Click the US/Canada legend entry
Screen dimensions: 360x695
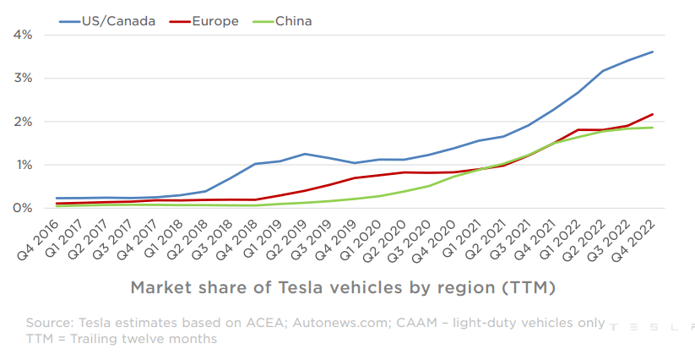point(118,21)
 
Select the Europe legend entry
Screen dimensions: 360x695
point(214,21)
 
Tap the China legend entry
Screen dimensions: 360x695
point(291,21)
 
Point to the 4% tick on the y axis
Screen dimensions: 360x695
point(23,35)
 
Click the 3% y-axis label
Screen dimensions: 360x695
point(23,79)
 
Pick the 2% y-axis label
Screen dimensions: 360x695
point(23,122)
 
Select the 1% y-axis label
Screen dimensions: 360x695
point(23,165)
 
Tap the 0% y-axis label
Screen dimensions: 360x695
point(23,208)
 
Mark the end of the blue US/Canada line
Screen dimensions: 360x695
point(653,52)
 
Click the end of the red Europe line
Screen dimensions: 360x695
point(653,114)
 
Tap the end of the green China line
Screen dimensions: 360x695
point(653,128)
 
